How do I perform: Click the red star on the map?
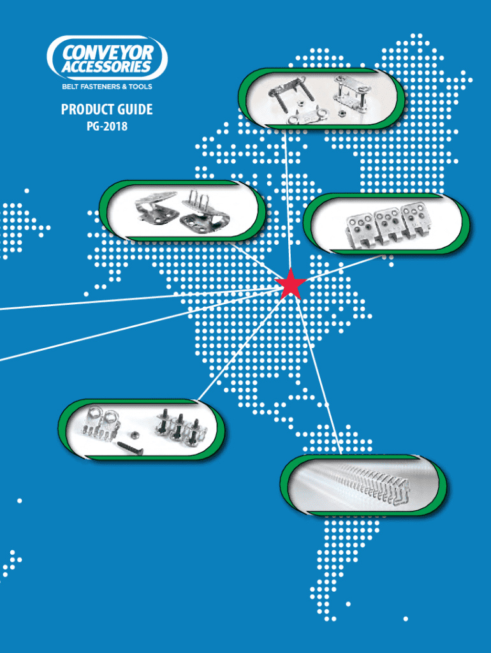pos(291,284)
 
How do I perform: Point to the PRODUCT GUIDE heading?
pos(106,110)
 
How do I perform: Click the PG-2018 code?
pos(106,126)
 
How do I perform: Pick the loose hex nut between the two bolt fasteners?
pos(136,434)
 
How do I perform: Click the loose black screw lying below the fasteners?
pos(129,447)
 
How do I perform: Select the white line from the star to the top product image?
pos(288,204)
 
